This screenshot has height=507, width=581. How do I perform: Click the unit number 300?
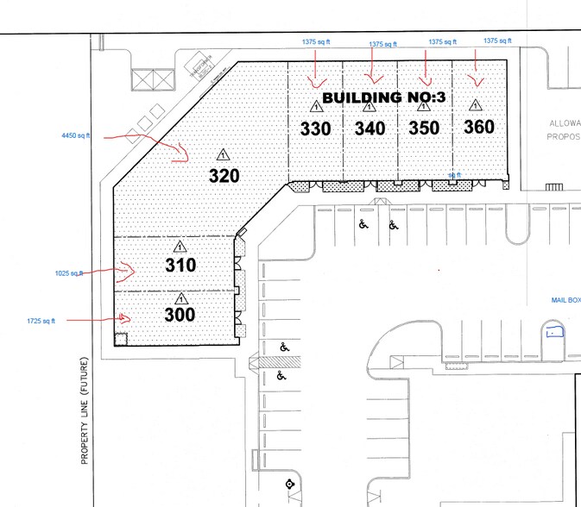tap(180, 316)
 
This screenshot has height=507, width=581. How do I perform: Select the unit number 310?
tap(180, 266)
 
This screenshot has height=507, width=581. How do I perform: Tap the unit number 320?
tap(224, 175)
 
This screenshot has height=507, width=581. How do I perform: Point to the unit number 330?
tap(315, 128)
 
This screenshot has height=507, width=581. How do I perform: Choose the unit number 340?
tap(370, 128)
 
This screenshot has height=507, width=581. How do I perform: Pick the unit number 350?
tap(424, 128)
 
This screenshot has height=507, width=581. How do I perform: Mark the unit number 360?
tap(478, 127)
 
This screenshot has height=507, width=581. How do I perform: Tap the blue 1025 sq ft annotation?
tap(69, 273)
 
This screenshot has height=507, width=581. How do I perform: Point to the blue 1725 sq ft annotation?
tap(41, 320)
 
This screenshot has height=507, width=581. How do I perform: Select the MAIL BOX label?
tap(565, 300)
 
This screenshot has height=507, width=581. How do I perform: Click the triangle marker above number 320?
tap(223, 155)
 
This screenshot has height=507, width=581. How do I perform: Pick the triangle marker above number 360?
tap(474, 105)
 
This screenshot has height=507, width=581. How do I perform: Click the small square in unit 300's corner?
tap(121, 339)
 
